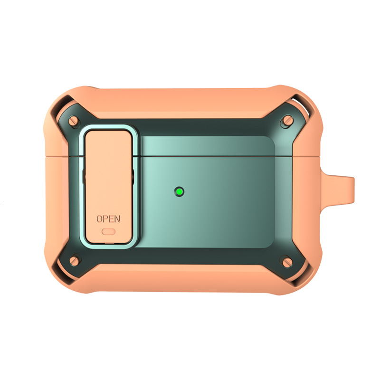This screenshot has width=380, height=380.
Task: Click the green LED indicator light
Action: (180, 192)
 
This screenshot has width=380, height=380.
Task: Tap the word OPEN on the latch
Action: (108, 219)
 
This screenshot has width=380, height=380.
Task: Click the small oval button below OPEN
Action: (108, 232)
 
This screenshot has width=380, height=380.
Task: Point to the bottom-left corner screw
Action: (75, 261)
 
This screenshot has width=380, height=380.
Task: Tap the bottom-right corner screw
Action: (287, 263)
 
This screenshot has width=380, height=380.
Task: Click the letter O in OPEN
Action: (99, 219)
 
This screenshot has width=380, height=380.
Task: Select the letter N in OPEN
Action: (117, 219)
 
